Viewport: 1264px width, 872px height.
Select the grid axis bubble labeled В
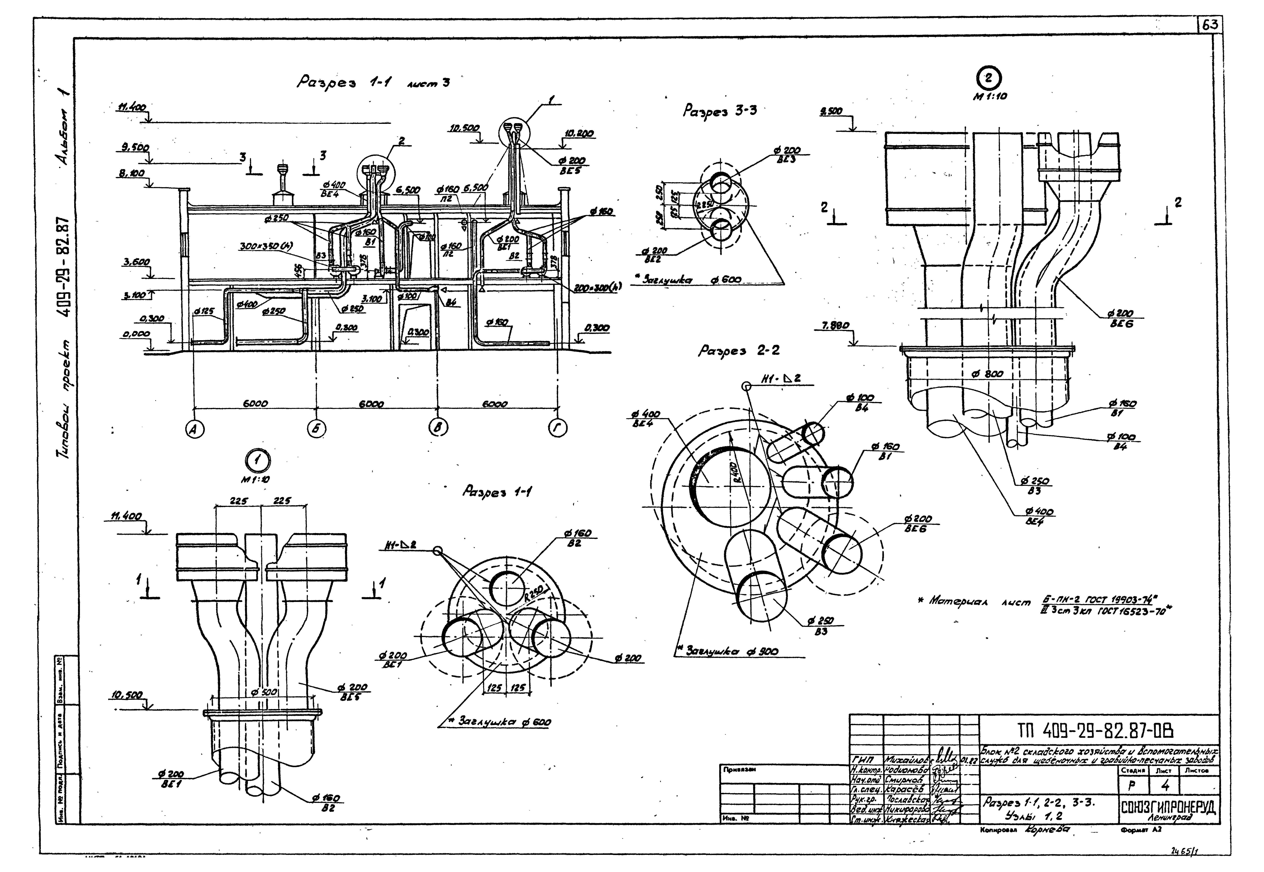tap(438, 429)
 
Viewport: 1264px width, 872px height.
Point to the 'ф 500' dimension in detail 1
tap(265, 692)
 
